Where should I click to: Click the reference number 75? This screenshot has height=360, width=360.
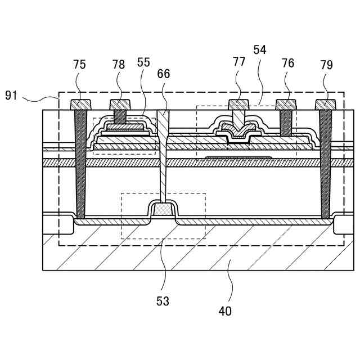pyautogui.click(x=79, y=65)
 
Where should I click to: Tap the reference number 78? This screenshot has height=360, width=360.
pyautogui.click(x=118, y=65)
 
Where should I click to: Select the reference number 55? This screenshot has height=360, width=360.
pyautogui.click(x=143, y=62)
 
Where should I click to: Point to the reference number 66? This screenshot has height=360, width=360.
pyautogui.click(x=164, y=74)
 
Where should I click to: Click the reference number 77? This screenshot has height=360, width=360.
pyautogui.click(x=239, y=62)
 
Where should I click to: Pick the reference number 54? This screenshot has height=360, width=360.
pyautogui.click(x=260, y=49)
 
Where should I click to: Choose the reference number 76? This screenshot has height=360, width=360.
pyautogui.click(x=287, y=64)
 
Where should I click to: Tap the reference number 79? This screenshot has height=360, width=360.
pyautogui.click(x=326, y=65)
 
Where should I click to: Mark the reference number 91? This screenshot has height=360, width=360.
pyautogui.click(x=12, y=95)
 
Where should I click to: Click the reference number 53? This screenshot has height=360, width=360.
pyautogui.click(x=163, y=301)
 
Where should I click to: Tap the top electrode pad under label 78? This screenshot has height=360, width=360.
pyautogui.click(x=120, y=105)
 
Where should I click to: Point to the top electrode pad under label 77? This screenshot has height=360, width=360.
pyautogui.click(x=239, y=105)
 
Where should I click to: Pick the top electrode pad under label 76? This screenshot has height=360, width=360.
pyautogui.click(x=286, y=105)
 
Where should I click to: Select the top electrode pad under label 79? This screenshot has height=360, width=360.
pyautogui.click(x=326, y=105)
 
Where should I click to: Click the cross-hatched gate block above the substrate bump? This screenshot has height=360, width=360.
pyautogui.click(x=163, y=209)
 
